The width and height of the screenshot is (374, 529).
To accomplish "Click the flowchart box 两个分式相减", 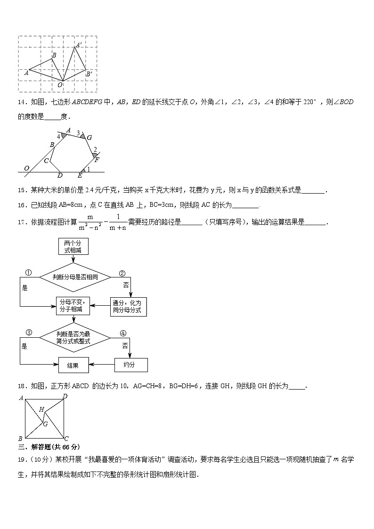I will pyautogui.click(x=73, y=247).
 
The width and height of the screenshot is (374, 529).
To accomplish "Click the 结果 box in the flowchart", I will pyautogui.click(x=73, y=365).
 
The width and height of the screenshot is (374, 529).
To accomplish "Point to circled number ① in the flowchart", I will pyautogui.click(x=28, y=273).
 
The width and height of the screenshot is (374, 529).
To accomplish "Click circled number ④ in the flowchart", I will pyautogui.click(x=123, y=333).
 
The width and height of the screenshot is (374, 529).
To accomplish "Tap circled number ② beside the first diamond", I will pyautogui.click(x=122, y=273).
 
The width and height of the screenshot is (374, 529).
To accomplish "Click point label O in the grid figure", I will pyautogui.click(x=60, y=85).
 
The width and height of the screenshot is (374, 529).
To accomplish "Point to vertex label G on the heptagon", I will pyautogui.click(x=89, y=138).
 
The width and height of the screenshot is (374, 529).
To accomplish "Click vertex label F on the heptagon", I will pyautogui.click(x=97, y=160).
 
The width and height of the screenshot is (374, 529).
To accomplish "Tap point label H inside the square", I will pyautogui.click(x=41, y=409).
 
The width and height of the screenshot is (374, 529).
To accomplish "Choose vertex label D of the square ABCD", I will pyautogui.click(x=65, y=396).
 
